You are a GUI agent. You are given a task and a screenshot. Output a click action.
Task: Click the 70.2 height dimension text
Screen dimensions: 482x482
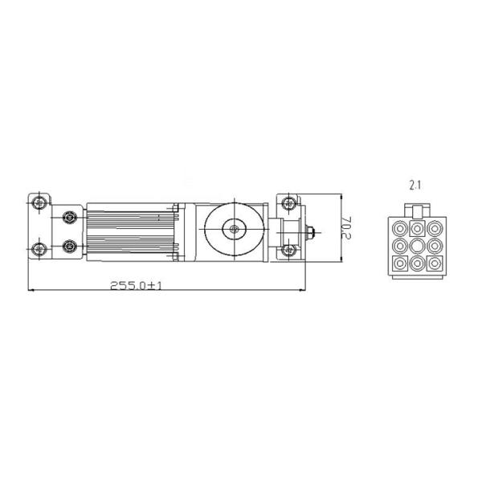click(346, 227)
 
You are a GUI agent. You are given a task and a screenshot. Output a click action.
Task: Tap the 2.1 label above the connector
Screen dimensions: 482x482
click(415, 186)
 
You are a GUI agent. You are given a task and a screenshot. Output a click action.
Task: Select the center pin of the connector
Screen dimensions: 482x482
click(415, 244)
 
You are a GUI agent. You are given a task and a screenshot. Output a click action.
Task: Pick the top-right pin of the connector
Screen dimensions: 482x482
click(434, 227)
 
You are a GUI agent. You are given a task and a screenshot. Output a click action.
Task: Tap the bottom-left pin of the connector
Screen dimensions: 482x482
click(398, 263)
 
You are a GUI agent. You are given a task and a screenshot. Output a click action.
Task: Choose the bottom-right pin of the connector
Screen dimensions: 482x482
click(434, 263)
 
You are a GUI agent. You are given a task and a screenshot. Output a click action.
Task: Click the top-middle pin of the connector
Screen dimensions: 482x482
click(416, 227)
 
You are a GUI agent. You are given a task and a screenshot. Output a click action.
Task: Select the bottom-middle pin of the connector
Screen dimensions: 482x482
click(416, 263)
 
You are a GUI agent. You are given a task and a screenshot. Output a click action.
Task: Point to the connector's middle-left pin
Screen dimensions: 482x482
click(398, 244)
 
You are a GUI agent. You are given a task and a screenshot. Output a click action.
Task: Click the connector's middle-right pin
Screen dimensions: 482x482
click(434, 244)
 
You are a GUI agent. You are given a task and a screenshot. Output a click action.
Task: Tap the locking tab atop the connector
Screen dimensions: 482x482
click(415, 210)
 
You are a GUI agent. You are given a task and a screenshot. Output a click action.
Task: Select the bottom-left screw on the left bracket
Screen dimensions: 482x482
click(39, 250)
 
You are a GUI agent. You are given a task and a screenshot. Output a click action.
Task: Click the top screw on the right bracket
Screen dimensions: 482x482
click(289, 202)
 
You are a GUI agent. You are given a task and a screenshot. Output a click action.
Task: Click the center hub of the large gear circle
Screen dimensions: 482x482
click(234, 228)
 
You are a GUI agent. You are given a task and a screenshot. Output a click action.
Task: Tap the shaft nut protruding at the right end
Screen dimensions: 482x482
click(309, 234)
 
